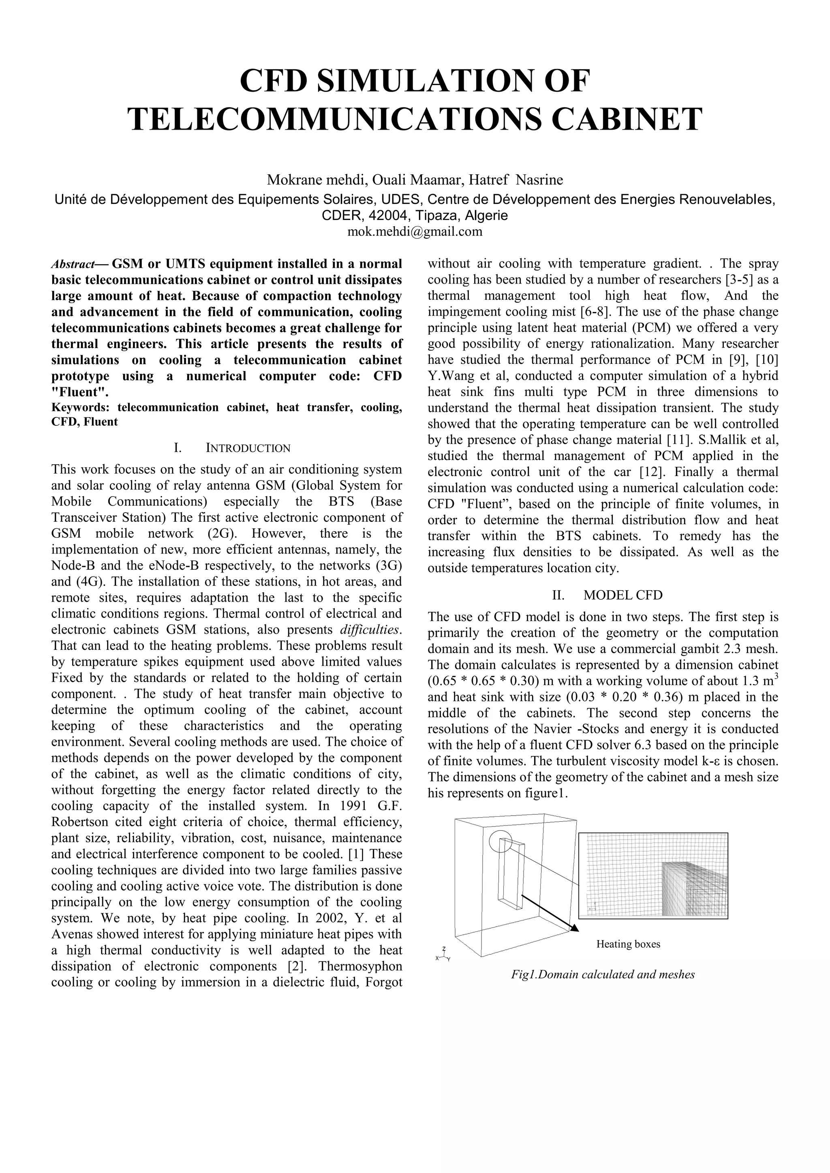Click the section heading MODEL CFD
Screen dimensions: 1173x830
tap(622, 595)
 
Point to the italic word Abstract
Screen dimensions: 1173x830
tap(73, 265)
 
